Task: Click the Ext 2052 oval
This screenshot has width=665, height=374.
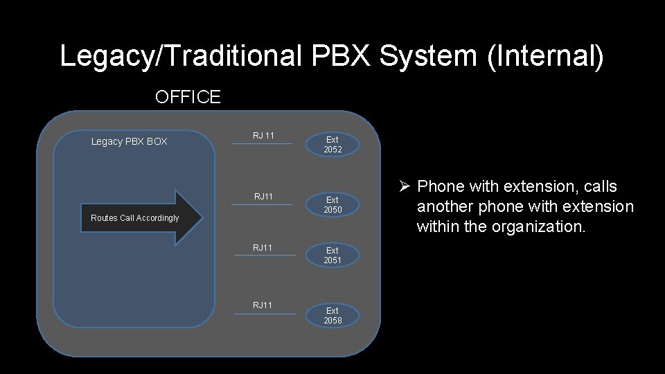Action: tap(332, 145)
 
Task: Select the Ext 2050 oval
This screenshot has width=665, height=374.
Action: tap(332, 205)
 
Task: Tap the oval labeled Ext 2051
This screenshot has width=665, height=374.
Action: tap(332, 256)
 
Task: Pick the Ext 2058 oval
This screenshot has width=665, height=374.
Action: tap(332, 316)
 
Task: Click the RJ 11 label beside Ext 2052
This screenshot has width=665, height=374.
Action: tap(263, 136)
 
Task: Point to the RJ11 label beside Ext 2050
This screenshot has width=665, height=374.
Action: tap(263, 197)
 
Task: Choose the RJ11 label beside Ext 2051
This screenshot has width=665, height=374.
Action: tap(263, 248)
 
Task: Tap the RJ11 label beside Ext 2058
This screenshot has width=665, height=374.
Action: tap(263, 305)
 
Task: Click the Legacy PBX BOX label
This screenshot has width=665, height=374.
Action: tap(130, 142)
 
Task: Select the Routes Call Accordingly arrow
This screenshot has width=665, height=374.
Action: tap(142, 217)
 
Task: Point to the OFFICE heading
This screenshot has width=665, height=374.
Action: tap(188, 97)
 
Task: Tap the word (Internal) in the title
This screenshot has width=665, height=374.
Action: tap(545, 56)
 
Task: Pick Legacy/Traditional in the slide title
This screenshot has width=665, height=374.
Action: tap(180, 56)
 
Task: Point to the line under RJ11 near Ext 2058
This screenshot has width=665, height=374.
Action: tap(265, 314)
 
